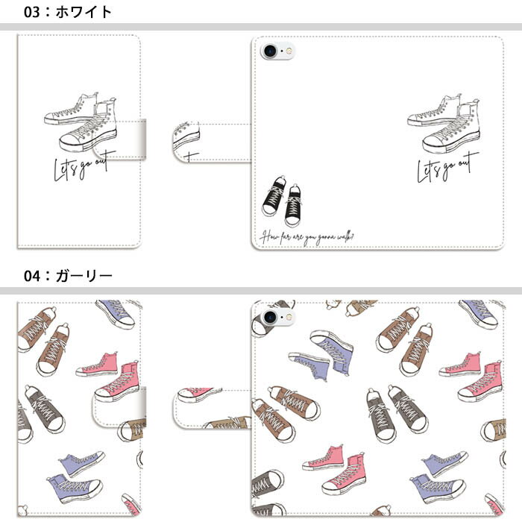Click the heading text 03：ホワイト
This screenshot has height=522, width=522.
point(67,12)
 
